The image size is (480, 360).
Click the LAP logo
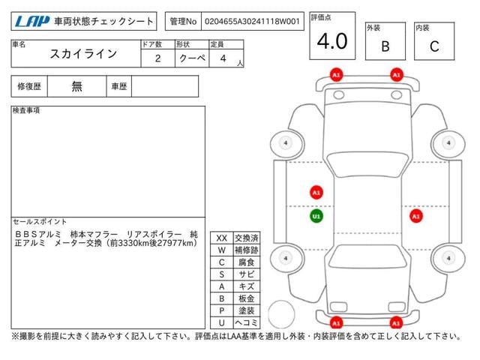[31, 21]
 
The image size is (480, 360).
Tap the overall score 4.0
[332, 41]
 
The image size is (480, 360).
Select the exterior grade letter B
[385, 46]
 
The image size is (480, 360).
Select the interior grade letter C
[434, 46]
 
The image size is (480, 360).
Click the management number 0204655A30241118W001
[252, 22]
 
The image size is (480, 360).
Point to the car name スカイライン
[83, 54]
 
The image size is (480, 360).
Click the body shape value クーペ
[192, 58]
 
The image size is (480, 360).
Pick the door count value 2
[158, 58]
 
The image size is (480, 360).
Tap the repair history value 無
[76, 86]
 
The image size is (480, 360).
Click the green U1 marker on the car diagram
[316, 217]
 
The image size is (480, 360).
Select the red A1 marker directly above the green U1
[316, 193]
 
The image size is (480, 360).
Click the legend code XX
[222, 238]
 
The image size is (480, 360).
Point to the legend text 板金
[247, 298]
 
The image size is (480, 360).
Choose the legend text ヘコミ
[247, 322]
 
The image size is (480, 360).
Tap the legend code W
[222, 250]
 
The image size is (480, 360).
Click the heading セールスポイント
[40, 222]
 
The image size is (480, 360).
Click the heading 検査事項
[26, 110]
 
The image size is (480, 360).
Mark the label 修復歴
[29, 87]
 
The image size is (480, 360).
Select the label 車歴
[118, 87]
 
